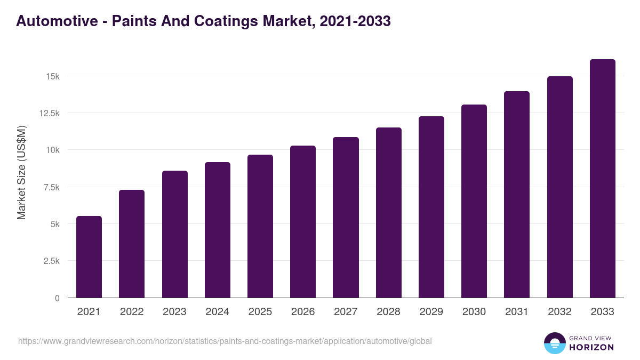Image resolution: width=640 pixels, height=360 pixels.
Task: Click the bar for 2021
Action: pos(89,257)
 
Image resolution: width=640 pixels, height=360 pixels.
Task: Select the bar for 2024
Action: pos(218,230)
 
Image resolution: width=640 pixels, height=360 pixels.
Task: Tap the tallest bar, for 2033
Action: pos(602,179)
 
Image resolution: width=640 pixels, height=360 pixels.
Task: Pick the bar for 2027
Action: pos(346,218)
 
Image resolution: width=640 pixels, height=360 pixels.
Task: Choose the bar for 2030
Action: pos(474,201)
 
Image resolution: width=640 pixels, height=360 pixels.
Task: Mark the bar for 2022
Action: pos(132,244)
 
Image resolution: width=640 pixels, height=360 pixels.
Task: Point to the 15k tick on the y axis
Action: pos(53,76)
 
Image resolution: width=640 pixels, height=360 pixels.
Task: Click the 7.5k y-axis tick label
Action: pos(51,187)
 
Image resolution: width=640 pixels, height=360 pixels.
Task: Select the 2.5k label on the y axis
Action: pos(51,261)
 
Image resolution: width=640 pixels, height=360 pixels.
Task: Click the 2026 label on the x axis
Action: pos(303,312)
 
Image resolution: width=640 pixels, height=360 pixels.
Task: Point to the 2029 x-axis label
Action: pos(431,312)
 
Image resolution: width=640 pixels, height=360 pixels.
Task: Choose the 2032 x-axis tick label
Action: pos(559,312)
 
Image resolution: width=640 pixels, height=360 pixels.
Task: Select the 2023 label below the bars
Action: pos(174,312)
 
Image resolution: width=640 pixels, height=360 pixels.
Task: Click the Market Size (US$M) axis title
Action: pos(21,173)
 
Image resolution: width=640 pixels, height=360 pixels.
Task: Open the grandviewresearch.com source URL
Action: pos(225,341)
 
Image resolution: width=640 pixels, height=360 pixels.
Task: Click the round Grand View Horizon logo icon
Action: pos(554,343)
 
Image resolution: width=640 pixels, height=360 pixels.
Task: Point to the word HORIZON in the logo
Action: pos(591,347)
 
